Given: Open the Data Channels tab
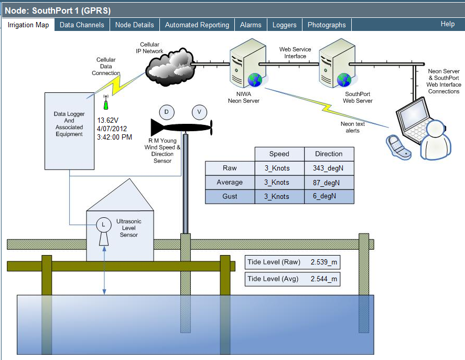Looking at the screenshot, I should pos(82,25).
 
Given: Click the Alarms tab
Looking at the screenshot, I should pos(251,25).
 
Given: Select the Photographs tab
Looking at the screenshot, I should pos(327,25).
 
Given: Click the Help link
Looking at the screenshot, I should pos(447,24).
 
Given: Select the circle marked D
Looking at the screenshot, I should pos(166,112).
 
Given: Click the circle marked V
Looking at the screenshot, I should pos(199,112).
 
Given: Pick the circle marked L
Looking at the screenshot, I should pos(103,225).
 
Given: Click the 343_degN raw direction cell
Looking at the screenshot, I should pos(329,168).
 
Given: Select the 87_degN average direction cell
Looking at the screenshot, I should pos(329,182).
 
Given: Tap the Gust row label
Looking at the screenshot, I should pos(230,196).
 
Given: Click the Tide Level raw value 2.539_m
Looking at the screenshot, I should pos(323,261).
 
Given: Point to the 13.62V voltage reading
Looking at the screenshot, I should pos(109,120).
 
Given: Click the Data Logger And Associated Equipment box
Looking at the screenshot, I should pos(69,124).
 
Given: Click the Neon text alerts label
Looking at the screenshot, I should pos(353,127).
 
